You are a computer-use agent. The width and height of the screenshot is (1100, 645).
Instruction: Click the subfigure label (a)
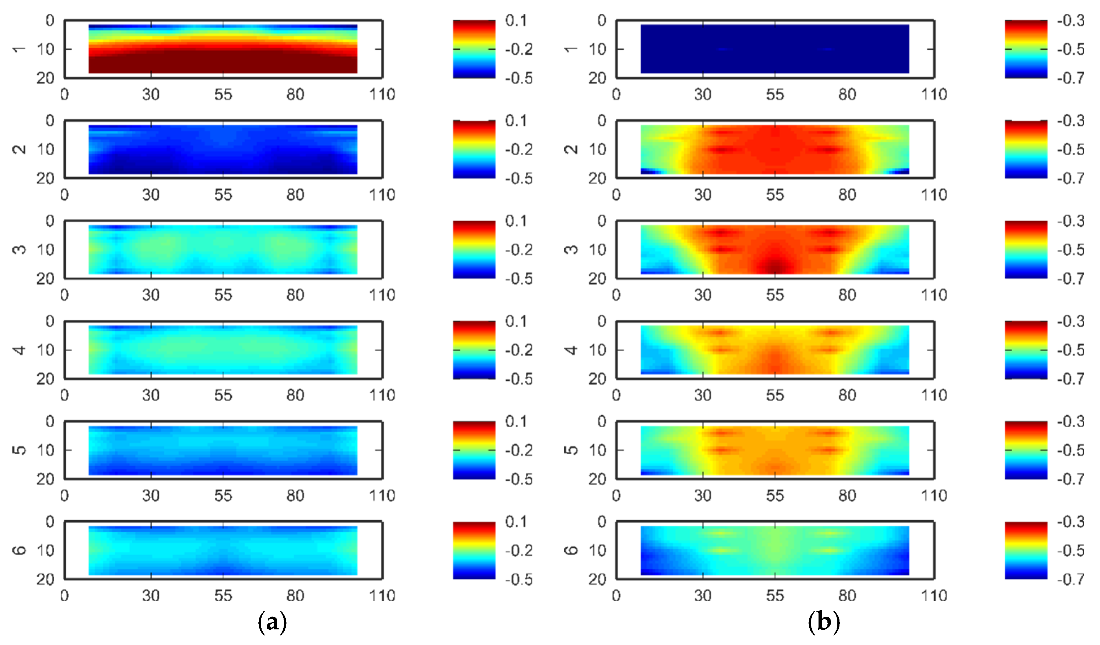click(x=272, y=622)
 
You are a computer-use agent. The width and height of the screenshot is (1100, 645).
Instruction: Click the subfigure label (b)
click(x=824, y=622)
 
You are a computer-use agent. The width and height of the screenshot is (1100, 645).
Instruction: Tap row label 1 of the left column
click(x=19, y=49)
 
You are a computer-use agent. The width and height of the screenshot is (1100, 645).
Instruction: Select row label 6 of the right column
click(x=571, y=550)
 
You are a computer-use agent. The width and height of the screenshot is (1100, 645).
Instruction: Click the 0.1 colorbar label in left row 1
click(x=516, y=21)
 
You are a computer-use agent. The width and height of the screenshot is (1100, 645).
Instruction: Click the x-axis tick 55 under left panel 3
click(x=223, y=295)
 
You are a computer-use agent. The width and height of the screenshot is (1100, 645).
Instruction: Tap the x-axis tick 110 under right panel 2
click(x=934, y=195)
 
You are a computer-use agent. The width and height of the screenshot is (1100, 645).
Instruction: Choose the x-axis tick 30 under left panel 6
click(x=151, y=596)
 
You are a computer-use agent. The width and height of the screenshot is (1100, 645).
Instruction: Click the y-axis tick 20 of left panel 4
click(x=45, y=379)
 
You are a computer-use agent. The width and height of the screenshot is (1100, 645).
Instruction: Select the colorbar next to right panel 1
click(x=1026, y=49)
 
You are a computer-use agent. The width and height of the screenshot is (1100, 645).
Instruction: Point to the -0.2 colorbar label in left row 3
click(x=519, y=250)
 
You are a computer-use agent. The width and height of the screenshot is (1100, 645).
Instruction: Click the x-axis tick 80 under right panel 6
click(x=847, y=596)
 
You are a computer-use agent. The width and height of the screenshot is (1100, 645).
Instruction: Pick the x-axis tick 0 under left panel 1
click(x=64, y=94)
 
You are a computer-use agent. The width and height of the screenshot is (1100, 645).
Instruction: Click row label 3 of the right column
click(x=571, y=250)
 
